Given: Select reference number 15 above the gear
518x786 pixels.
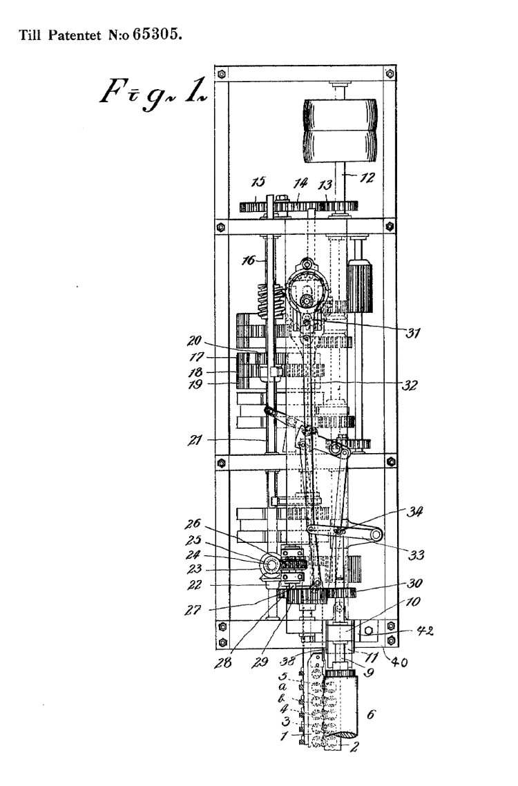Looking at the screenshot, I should tap(258, 182).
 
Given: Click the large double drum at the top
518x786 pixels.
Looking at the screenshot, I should tap(340, 130).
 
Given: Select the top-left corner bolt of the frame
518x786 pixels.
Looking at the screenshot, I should tap(221, 74).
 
